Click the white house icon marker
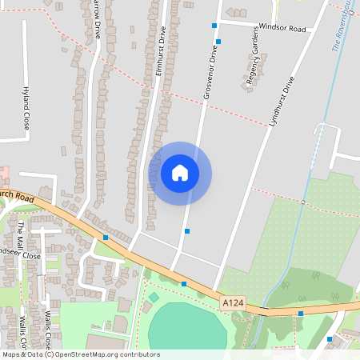(x=180, y=173)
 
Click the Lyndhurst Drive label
(x=282, y=103)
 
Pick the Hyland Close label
(x=26, y=109)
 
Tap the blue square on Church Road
(x=106, y=237)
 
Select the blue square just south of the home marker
(x=187, y=230)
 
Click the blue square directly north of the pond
(x=184, y=283)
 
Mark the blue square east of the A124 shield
(x=301, y=313)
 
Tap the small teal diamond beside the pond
(x=154, y=297)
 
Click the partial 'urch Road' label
(x=17, y=195)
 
